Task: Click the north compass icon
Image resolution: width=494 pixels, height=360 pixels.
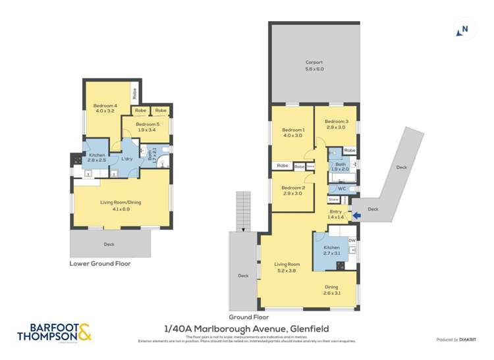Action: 464,29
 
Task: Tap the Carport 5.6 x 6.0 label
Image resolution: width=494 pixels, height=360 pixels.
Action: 314,65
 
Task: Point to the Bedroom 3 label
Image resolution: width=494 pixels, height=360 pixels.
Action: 335,124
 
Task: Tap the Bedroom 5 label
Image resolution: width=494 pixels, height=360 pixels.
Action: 148,127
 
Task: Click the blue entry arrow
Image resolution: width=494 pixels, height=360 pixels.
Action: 356,215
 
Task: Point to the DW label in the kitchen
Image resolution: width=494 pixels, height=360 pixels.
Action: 352,240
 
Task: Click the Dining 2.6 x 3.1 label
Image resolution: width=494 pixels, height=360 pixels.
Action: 331,290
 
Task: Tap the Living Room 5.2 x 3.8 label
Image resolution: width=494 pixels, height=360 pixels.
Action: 287,268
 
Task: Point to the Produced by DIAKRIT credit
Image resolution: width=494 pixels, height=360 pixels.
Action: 457,340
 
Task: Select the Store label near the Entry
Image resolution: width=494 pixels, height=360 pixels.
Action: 333,199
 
